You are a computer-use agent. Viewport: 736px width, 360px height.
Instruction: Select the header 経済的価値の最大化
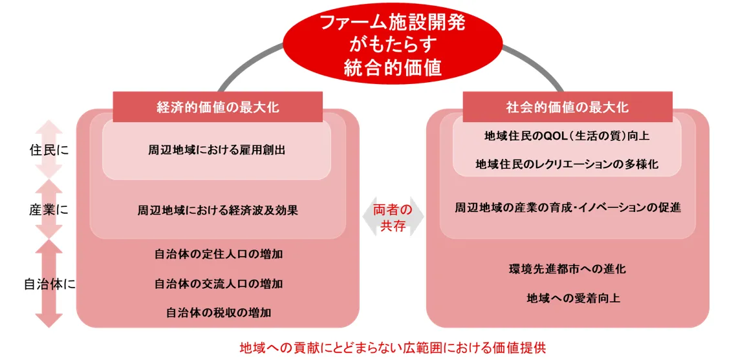tap(218, 107)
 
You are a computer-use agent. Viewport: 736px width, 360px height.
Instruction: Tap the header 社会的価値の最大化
tap(567, 107)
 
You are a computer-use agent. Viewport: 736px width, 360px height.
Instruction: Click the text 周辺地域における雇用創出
tap(217, 150)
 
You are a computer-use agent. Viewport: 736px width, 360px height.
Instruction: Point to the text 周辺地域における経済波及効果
tap(217, 210)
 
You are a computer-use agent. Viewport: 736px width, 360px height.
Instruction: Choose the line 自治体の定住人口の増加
tap(218, 255)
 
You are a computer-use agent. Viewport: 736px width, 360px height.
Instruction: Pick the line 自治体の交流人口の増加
tap(218, 284)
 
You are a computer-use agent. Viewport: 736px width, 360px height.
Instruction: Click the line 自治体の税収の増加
tap(218, 312)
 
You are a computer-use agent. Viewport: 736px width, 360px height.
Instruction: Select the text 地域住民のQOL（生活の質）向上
tap(567, 136)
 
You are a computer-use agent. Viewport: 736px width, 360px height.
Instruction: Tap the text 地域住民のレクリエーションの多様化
tap(567, 164)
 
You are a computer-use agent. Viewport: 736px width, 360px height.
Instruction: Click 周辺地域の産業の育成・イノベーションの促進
tap(567, 207)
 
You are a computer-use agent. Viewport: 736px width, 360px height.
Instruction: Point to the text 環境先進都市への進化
tap(567, 269)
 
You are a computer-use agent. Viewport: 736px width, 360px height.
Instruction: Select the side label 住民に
tap(49, 150)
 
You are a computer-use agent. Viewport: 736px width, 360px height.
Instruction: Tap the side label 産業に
tap(49, 210)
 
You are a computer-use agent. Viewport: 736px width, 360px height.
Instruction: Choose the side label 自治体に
tap(50, 284)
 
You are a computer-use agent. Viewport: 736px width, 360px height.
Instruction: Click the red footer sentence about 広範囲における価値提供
tap(393, 348)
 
